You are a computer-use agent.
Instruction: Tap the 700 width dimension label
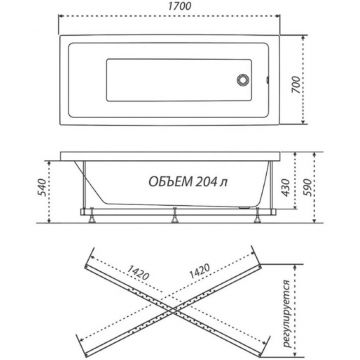coord(296,84)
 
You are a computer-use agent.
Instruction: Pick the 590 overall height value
coord(307,187)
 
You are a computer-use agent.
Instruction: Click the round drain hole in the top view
coord(243,80)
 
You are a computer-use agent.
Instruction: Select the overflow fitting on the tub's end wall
coord(267,80)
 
